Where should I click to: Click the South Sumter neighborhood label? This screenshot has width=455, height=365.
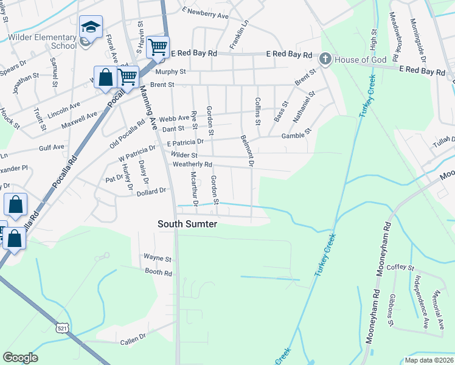click(x=187, y=224)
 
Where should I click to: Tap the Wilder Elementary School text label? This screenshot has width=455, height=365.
click(x=43, y=41)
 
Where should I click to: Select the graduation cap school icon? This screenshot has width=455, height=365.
click(x=90, y=27)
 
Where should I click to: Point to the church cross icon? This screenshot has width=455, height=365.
click(x=325, y=58)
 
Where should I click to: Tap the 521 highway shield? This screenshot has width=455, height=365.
click(x=63, y=328)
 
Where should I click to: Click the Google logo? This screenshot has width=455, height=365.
click(x=20, y=358)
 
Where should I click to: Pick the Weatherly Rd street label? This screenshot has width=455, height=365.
click(x=192, y=165)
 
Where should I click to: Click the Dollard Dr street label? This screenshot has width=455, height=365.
click(x=151, y=191)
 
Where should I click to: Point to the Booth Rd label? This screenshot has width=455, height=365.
click(x=159, y=273)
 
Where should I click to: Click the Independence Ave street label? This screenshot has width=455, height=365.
click(x=420, y=294)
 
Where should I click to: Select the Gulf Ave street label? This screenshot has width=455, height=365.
click(x=51, y=147)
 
